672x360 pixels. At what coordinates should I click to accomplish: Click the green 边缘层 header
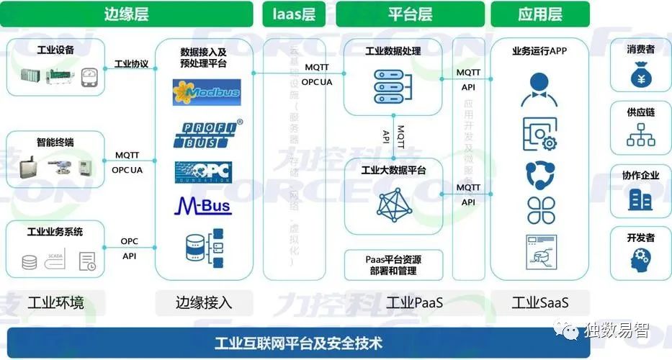[127, 14]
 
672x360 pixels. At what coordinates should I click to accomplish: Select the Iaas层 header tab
[294, 14]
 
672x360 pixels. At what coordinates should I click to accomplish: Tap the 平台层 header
[410, 14]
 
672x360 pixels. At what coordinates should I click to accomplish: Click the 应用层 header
[540, 14]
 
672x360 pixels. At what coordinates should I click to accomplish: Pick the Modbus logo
[207, 93]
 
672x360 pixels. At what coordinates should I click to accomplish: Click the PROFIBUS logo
[207, 134]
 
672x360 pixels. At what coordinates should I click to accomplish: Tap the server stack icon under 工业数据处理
[393, 86]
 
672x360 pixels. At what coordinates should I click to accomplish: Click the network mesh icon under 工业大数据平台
[393, 204]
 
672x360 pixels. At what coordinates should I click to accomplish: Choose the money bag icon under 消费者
[640, 76]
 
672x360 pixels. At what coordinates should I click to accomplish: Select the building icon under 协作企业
[640, 199]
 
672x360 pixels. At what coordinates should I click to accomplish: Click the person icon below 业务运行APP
[540, 88]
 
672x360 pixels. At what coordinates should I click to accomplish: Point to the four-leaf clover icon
[540, 210]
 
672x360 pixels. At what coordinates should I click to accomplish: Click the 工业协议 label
[131, 64]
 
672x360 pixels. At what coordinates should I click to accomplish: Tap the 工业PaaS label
[414, 302]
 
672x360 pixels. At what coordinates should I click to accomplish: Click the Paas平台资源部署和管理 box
[393, 265]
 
